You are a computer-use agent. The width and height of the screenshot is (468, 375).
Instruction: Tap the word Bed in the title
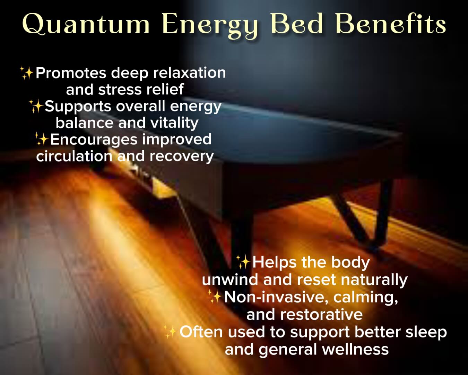(x=297, y=24)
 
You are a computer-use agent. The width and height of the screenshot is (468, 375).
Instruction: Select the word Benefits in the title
(x=391, y=24)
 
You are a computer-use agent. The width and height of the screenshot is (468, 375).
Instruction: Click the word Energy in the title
(x=210, y=26)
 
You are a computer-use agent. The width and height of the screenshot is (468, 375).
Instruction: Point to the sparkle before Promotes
(x=27, y=73)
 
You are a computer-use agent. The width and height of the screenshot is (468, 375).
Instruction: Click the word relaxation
(x=189, y=73)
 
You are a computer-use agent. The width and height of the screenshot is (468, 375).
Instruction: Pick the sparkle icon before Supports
(x=36, y=106)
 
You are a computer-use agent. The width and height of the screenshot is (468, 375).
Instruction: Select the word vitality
(x=174, y=123)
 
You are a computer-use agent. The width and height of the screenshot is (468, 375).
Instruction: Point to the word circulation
(x=74, y=156)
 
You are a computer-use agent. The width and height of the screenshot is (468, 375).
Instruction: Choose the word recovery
(x=181, y=157)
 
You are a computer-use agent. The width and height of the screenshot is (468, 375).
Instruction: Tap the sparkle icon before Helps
(x=243, y=262)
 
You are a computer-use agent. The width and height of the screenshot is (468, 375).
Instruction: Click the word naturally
(x=374, y=280)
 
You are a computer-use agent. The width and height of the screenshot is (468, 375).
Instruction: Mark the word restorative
(x=321, y=315)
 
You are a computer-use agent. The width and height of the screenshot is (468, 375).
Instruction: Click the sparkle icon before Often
(x=170, y=332)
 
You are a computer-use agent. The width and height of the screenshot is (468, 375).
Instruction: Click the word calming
(x=366, y=298)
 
